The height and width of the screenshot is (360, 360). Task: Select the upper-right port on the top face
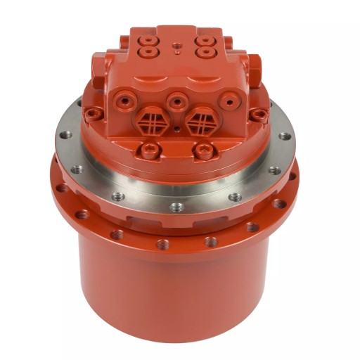205,41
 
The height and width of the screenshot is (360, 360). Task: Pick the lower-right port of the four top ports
204,52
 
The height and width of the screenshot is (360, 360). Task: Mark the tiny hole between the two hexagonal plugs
176,129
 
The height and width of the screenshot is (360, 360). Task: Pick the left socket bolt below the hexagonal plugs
150,148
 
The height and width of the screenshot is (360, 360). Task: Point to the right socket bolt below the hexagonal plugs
204,149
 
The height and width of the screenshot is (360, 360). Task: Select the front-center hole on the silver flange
176,207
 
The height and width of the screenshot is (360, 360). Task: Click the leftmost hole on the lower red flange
63,188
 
